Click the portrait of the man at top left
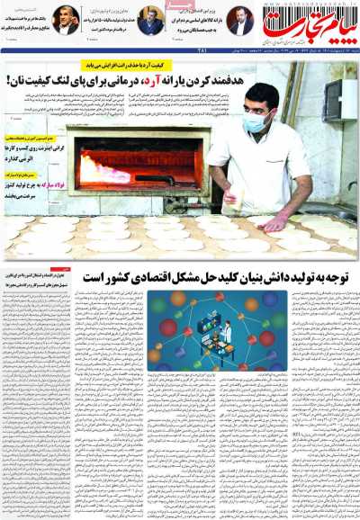point(66,21)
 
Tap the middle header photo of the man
point(150,20)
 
